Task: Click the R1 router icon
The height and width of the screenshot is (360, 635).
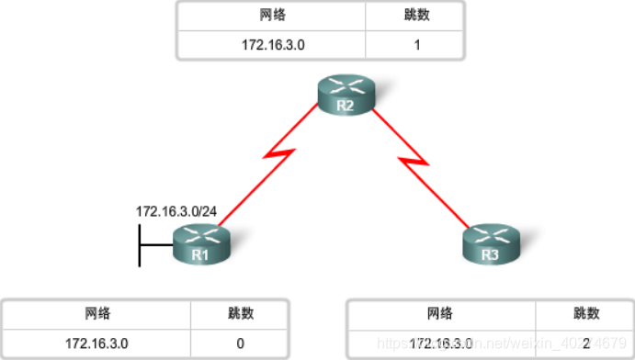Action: click(x=200, y=244)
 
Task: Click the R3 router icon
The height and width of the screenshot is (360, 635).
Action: click(x=489, y=244)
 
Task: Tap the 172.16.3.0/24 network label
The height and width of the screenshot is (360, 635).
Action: click(x=176, y=212)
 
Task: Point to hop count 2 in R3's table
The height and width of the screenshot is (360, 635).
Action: click(x=584, y=343)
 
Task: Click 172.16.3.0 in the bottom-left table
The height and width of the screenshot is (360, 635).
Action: click(x=97, y=343)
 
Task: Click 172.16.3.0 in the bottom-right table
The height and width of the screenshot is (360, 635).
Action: click(x=441, y=343)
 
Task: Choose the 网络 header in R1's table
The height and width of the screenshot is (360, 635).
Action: click(x=97, y=314)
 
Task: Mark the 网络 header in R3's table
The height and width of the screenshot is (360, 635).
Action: click(x=441, y=314)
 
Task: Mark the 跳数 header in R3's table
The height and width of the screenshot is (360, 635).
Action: click(x=584, y=314)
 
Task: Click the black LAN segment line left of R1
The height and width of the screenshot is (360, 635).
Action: click(x=140, y=244)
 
